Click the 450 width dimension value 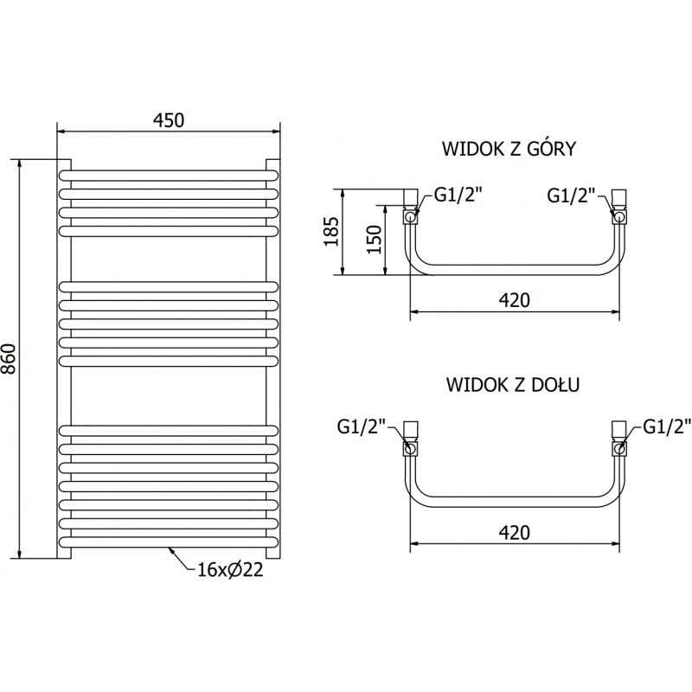coord(169,120)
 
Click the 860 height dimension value coord(10,357)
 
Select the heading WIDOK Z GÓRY coord(509,149)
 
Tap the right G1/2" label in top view coord(573,195)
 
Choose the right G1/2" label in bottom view coord(667,426)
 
